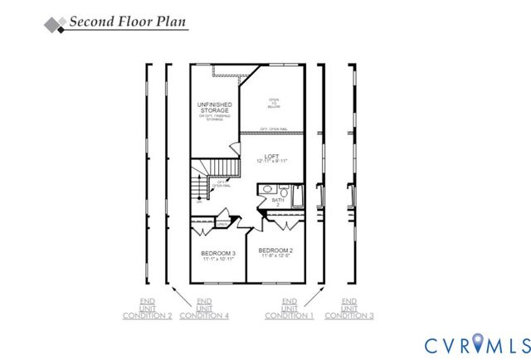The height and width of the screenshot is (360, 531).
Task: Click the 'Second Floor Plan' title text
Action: (x=128, y=22)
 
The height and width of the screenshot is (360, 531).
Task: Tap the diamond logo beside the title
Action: (x=53, y=24)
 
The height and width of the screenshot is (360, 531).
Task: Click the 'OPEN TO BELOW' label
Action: (x=273, y=103)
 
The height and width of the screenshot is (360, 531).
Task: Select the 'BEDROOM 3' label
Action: (x=218, y=253)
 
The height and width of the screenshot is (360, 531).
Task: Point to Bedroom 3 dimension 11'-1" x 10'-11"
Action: (x=218, y=260)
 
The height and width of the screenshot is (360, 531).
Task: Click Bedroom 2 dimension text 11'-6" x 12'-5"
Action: (x=275, y=256)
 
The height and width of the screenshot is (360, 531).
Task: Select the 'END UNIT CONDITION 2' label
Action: (x=147, y=309)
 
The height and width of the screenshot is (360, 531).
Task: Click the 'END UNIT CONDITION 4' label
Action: (x=204, y=309)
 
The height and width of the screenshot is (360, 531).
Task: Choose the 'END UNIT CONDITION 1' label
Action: (x=290, y=309)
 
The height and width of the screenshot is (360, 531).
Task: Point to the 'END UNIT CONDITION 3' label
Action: (x=349, y=309)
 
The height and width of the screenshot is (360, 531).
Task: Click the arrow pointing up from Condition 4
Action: (x=178, y=294)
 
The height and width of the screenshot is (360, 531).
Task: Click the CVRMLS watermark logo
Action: (x=477, y=343)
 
